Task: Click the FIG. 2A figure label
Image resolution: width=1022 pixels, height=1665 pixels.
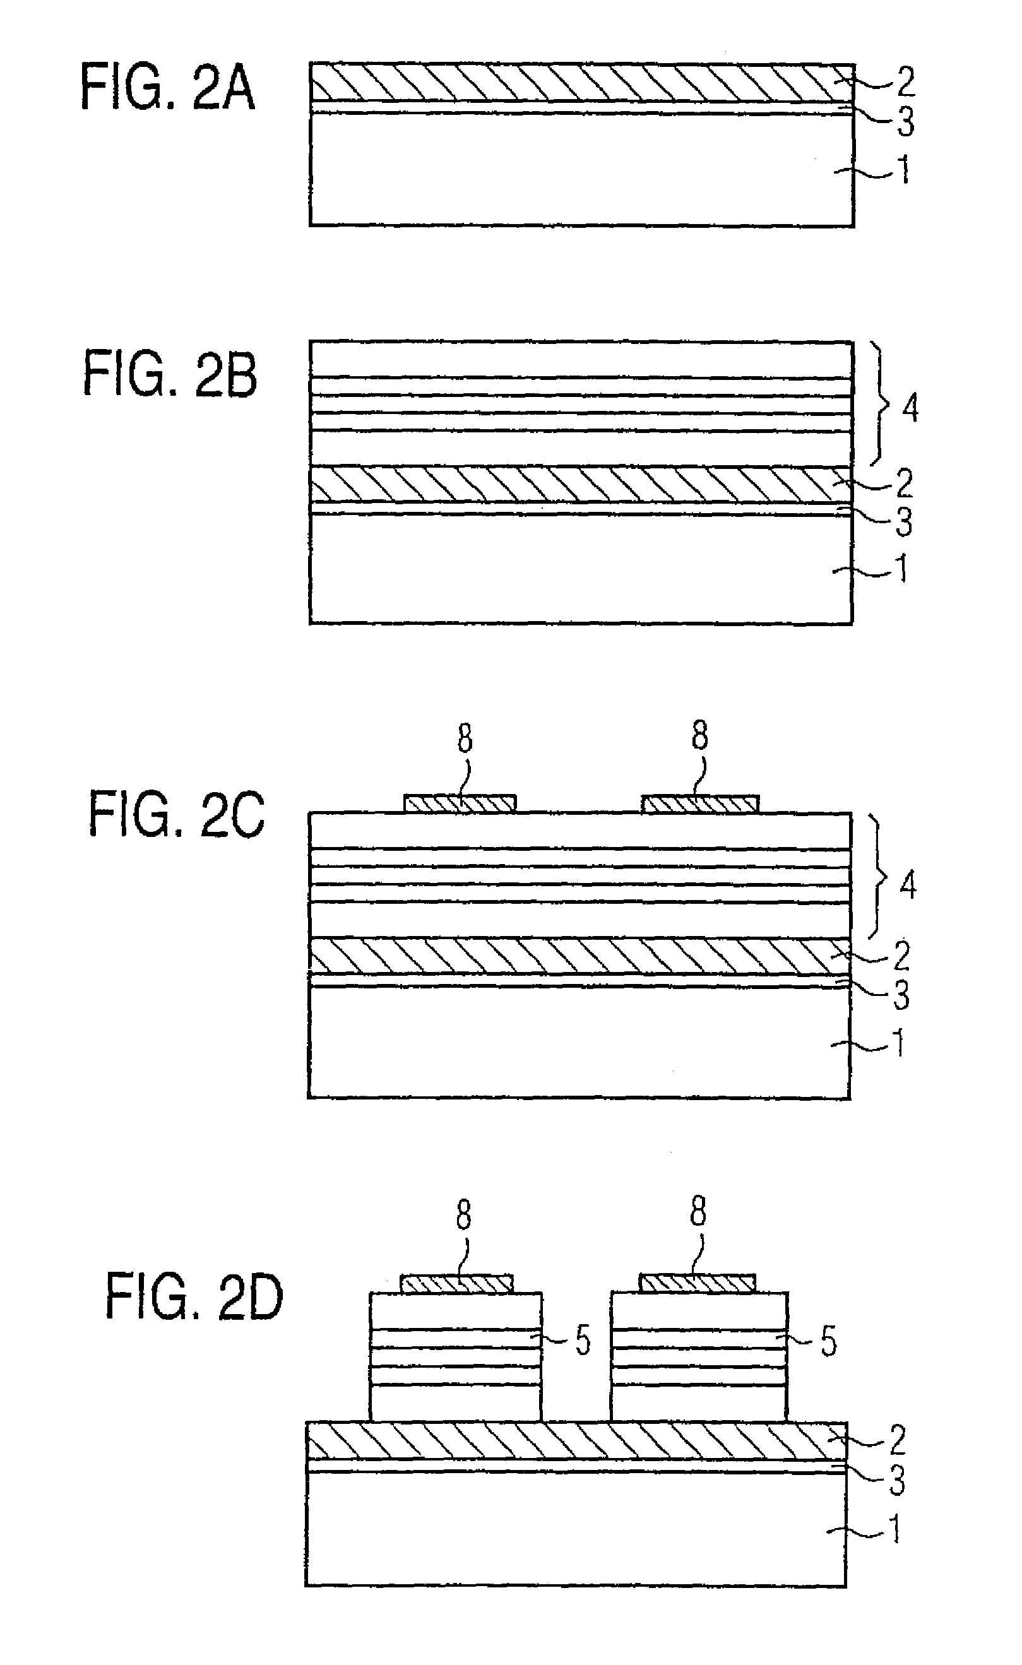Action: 168,87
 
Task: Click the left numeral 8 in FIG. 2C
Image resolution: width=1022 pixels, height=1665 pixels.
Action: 465,738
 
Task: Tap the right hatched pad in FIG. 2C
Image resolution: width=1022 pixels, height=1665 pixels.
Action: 699,803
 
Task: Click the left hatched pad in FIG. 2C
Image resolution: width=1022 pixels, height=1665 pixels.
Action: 460,803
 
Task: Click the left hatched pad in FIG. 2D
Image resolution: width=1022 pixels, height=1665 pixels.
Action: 457,1283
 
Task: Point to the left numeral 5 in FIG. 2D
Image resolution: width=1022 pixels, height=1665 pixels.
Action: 583,1340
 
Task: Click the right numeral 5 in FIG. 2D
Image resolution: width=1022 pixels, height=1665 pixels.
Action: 828,1341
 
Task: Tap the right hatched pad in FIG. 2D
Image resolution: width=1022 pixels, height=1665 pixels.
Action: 698,1283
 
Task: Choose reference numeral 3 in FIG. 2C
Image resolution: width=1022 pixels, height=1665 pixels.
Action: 901,995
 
